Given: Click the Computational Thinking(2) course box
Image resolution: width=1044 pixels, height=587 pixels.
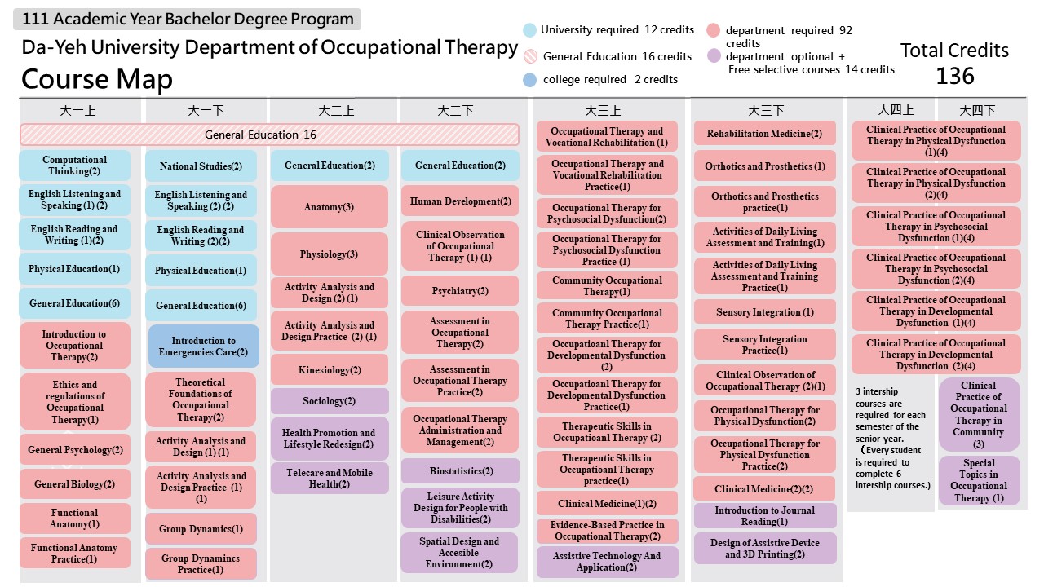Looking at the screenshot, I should tap(74, 166).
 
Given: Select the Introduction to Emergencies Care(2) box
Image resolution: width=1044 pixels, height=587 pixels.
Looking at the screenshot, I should tap(203, 346).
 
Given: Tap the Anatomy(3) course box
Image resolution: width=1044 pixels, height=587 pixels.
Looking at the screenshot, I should tap(329, 207).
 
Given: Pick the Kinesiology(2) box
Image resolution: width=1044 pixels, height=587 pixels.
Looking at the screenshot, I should tap(329, 370).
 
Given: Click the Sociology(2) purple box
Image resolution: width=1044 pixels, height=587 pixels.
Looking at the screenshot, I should tap(329, 401).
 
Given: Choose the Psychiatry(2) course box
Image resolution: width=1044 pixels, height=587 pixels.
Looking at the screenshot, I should tap(459, 291).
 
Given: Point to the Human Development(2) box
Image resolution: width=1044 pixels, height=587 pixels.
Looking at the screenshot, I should tap(459, 201).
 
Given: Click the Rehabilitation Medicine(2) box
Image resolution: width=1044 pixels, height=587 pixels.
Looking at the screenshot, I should tap(764, 134).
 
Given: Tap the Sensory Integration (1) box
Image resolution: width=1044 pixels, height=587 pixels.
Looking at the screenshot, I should tap(764, 312).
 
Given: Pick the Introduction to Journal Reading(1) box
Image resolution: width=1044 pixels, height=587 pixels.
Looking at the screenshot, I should tap(764, 516).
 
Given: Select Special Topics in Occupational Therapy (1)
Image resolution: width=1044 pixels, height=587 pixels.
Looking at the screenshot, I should tap(979, 480).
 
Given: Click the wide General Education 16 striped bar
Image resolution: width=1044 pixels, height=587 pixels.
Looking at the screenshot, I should tap(269, 135).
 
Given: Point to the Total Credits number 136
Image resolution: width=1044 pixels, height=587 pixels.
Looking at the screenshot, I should tap(954, 76).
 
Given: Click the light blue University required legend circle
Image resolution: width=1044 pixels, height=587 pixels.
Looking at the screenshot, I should tap(529, 30).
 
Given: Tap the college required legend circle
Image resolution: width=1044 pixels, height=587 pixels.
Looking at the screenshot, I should tap(529, 80).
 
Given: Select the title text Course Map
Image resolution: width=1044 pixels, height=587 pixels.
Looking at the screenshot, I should tap(96, 79).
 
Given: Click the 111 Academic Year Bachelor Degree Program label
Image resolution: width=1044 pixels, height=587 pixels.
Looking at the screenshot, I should tap(188, 20).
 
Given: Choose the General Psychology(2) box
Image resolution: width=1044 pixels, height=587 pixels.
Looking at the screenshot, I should tap(74, 450).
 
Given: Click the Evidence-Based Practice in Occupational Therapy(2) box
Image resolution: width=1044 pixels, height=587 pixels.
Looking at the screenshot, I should tap(607, 531).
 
